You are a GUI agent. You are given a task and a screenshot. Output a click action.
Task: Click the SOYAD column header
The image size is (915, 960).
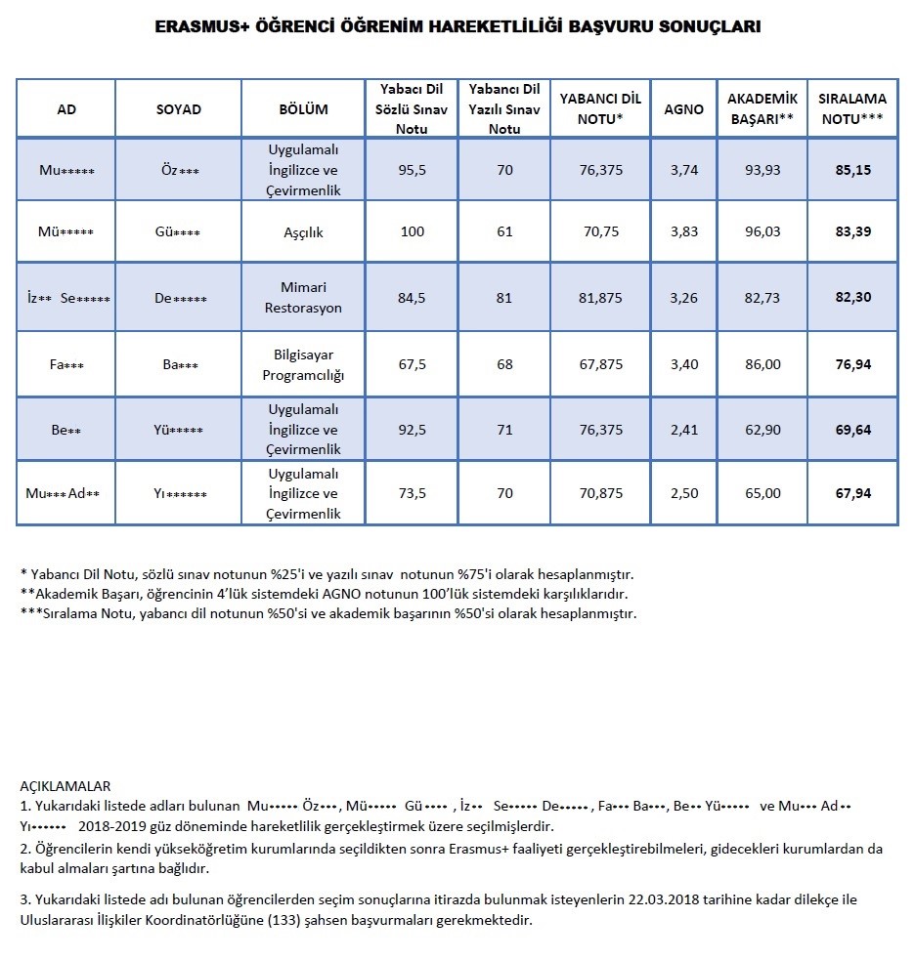coord(179,109)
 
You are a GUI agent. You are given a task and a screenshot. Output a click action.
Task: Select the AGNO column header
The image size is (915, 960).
coord(684,109)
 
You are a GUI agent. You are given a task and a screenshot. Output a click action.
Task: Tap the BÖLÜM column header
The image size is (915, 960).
coord(303,109)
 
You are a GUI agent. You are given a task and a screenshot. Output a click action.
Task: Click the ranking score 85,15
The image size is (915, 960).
coord(853,170)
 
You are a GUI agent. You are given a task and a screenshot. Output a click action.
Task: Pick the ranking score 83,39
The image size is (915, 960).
coord(853,231)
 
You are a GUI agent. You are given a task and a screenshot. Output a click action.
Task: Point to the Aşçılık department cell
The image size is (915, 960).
coord(303,231)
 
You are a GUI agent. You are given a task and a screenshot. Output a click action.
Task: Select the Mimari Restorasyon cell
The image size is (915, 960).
coord(303,298)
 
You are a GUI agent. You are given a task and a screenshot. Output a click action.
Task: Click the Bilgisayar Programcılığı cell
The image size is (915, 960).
coord(303,364)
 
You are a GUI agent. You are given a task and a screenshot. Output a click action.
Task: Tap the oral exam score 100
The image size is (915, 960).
coord(412,231)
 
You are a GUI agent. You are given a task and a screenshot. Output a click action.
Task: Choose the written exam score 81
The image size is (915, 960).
coord(504,298)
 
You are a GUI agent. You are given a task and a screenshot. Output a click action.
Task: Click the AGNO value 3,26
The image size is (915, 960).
coord(684,298)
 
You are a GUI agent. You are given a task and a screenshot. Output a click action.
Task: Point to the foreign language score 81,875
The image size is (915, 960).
coord(601,298)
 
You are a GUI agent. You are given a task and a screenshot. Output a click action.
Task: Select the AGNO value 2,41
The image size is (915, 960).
coord(684,430)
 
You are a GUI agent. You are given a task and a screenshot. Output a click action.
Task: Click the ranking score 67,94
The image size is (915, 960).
coord(853,493)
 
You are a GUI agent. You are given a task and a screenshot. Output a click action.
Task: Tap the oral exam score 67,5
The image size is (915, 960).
coord(412,364)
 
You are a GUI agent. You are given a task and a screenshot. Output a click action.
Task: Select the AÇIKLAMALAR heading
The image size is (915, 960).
coord(65,785)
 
